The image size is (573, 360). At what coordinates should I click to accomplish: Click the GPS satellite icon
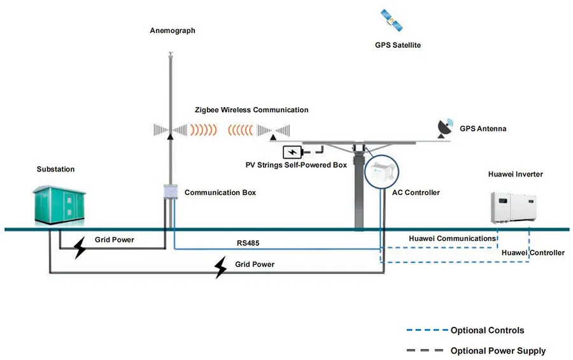pos(392,21)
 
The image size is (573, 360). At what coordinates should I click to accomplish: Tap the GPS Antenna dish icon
pos(444,127)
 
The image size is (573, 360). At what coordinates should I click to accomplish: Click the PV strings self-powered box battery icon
pos(294,152)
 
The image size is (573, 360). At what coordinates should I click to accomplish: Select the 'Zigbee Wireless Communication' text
pos(251,110)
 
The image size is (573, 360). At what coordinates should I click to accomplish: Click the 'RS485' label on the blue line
pos(248,243)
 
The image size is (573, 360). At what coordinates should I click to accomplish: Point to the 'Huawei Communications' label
pos(452,239)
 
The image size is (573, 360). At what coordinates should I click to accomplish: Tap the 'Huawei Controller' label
pos(533,253)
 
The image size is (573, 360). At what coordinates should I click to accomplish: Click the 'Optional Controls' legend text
pos(487,331)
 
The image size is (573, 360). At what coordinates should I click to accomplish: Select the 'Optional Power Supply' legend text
pos(498,351)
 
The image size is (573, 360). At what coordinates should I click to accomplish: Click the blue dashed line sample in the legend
pos(426,331)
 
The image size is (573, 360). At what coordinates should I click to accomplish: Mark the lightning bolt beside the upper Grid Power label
pos(80,248)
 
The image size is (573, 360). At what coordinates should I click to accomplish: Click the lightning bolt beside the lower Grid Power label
pos(220,268)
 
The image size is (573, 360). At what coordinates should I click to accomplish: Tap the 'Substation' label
pos(55,169)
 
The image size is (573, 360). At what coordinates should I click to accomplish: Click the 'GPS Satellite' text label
pos(398,45)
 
